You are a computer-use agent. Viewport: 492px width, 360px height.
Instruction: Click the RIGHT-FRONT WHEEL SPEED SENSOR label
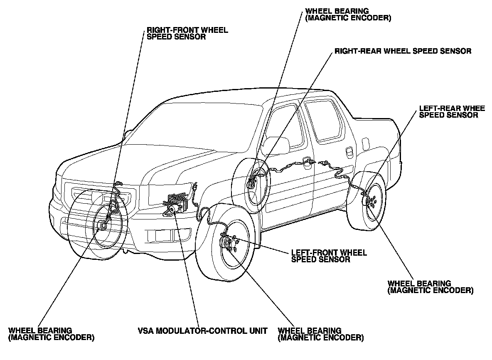coord(187,33)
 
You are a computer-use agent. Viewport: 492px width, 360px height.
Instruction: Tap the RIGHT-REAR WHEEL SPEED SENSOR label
coord(403,51)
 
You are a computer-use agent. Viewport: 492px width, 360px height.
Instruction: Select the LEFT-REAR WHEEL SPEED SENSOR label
coord(452,112)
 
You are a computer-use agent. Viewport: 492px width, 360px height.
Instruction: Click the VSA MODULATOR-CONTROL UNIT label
coord(202,331)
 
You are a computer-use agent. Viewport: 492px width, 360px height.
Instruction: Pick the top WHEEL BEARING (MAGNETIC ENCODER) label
coord(347,14)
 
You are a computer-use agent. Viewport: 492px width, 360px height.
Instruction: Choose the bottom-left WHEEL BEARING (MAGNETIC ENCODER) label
coord(51,334)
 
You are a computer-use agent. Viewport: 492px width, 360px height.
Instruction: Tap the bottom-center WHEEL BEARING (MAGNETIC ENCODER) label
coord(320,334)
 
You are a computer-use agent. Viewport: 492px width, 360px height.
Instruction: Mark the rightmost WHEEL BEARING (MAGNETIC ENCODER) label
coord(430,287)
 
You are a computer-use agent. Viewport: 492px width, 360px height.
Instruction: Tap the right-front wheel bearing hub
coord(102,225)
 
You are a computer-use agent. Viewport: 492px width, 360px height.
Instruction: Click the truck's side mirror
coord(276,145)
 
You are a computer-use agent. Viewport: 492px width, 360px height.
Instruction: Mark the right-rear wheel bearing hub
coord(252,183)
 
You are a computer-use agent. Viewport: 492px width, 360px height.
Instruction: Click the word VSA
coord(145,331)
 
